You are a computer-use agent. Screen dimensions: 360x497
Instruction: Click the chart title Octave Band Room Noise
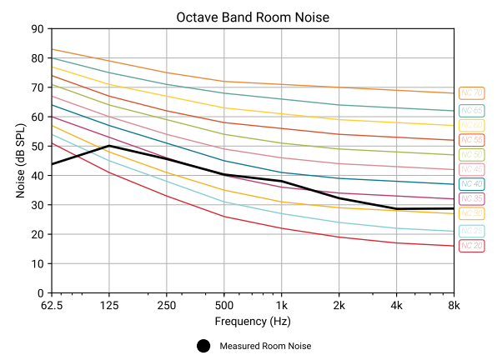click(248, 17)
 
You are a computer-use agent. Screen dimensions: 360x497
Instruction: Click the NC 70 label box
click(471, 93)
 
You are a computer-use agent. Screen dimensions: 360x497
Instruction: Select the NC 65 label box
click(471, 110)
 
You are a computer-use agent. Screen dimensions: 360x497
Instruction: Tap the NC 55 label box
click(471, 139)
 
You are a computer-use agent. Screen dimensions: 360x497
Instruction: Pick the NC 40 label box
click(471, 184)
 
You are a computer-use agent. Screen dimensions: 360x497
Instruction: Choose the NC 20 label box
click(471, 245)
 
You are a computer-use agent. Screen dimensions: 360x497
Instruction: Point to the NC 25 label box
click(471, 230)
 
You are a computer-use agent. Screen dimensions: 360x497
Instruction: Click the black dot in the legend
click(203, 346)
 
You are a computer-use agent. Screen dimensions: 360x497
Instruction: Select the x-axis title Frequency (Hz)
click(253, 321)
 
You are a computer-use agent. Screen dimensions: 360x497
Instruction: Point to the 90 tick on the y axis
click(38, 29)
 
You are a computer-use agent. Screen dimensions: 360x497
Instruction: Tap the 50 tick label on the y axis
click(38, 147)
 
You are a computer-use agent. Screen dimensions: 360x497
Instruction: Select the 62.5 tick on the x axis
click(52, 304)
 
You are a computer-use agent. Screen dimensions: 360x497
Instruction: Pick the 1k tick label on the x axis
click(281, 304)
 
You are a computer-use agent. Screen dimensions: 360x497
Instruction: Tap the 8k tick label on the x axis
click(454, 304)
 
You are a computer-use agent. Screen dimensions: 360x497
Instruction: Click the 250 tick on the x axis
click(167, 304)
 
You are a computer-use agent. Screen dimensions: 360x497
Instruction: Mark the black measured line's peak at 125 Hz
click(109, 146)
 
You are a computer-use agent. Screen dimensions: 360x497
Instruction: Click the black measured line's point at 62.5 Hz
click(53, 164)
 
